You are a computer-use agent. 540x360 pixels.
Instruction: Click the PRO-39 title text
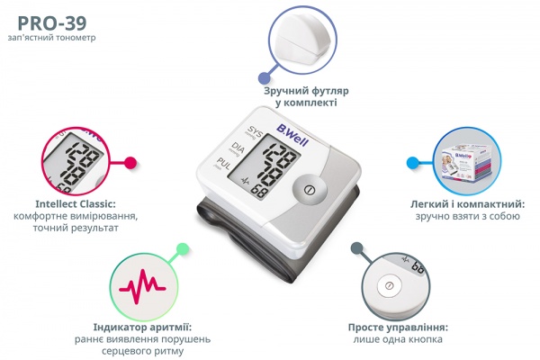(52, 23)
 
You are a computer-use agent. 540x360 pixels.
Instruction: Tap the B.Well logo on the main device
(292, 135)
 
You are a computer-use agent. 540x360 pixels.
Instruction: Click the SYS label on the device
(256, 132)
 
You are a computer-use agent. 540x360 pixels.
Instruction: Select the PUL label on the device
(223, 164)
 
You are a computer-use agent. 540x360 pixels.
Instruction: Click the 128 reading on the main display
(280, 154)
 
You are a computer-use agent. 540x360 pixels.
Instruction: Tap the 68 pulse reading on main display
(258, 191)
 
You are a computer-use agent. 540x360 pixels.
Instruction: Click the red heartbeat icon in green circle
(142, 286)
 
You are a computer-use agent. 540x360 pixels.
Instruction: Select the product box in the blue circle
(466, 161)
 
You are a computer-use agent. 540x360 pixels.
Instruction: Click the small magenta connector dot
(130, 163)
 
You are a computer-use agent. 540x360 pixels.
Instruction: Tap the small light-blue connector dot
(412, 163)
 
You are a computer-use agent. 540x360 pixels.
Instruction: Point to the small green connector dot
(183, 248)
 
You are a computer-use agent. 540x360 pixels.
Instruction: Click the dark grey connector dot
(356, 248)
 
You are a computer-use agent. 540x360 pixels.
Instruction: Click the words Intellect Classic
(76, 204)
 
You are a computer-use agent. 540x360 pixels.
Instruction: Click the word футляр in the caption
(330, 91)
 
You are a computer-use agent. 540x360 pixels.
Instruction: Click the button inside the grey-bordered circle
(389, 286)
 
